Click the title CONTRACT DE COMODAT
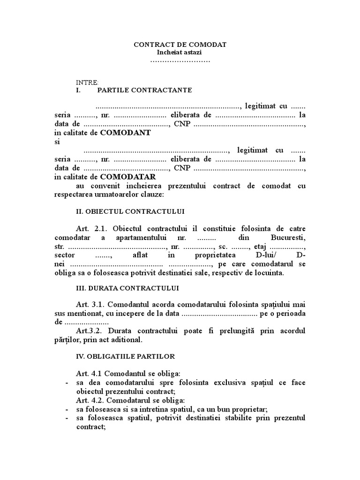[180, 45]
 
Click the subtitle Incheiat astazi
[180, 52]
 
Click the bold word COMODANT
[126, 133]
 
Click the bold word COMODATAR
[128, 177]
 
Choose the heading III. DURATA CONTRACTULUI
[127, 287]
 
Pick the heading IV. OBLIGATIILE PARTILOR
[125, 356]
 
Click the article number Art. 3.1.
[92, 304]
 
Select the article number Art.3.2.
[91, 331]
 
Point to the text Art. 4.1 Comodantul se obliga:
[128, 374]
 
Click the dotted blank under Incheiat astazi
[180, 61]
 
